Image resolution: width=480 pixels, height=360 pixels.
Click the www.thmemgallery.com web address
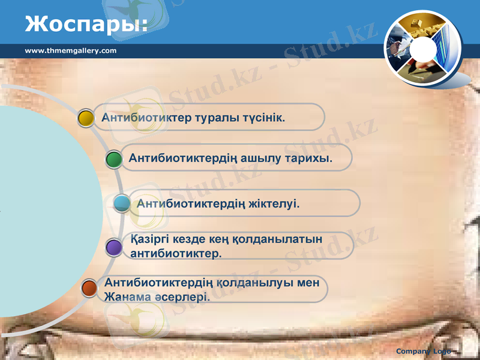[x=71, y=50]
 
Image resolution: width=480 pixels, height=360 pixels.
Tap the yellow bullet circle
[x=86, y=118]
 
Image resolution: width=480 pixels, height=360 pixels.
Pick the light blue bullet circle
[x=122, y=203]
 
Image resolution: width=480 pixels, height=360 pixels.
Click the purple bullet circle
[x=114, y=247]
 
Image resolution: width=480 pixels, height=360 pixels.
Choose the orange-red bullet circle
[x=89, y=289]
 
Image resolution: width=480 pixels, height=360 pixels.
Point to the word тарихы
[x=310, y=158]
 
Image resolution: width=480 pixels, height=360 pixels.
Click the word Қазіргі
[x=149, y=239]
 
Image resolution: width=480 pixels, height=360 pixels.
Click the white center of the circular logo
[x=425, y=49]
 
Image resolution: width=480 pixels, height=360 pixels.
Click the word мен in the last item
[x=308, y=282]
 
